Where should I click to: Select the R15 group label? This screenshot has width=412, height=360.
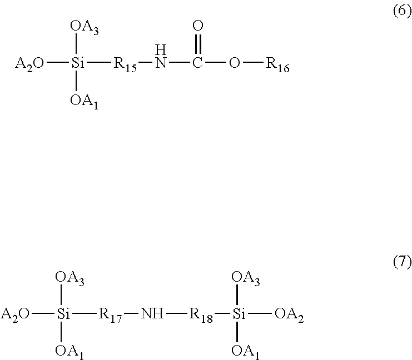point(126,64)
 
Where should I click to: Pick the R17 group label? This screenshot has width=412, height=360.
point(111,314)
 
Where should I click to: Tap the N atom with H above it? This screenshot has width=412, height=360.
point(160,63)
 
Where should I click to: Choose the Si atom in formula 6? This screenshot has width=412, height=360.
point(76,63)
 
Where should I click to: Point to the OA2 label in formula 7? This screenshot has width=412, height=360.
point(289,314)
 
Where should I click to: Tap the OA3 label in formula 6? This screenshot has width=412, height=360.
point(85,27)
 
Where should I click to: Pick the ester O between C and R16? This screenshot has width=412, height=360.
point(235,63)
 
